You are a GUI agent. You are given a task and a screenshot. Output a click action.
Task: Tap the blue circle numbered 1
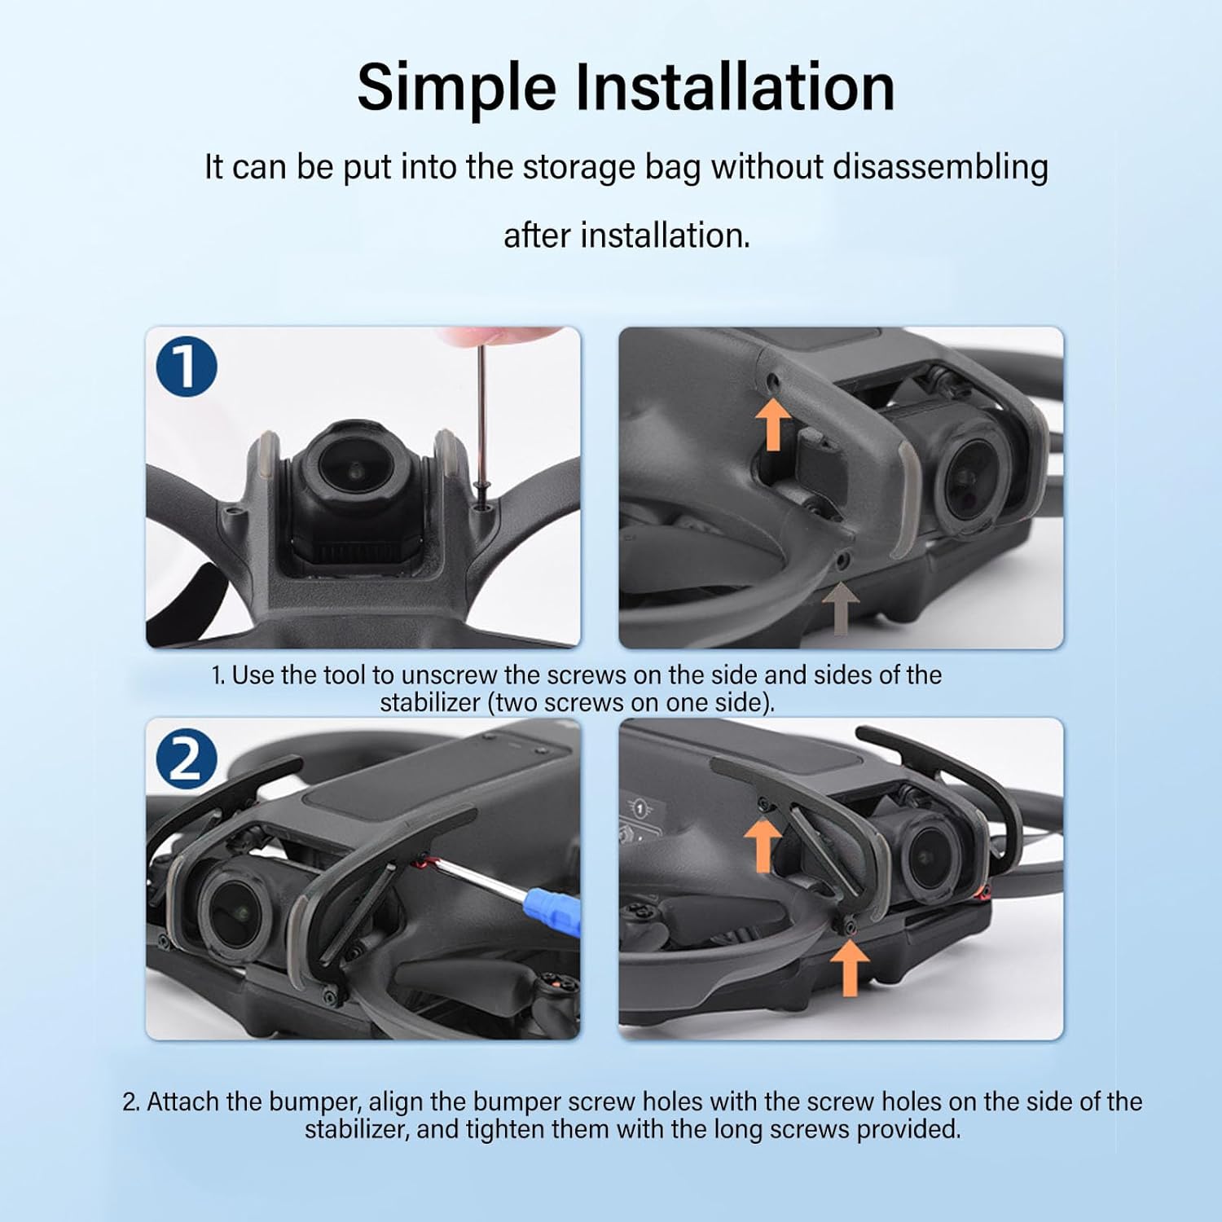click(187, 367)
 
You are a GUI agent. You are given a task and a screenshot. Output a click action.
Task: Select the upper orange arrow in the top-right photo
click(773, 423)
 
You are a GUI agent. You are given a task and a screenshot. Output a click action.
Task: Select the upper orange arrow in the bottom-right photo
click(763, 845)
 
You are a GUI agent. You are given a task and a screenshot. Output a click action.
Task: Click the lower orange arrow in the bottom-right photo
click(850, 968)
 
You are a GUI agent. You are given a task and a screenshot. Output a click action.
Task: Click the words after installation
click(626, 235)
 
